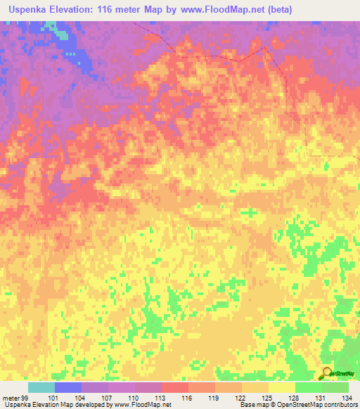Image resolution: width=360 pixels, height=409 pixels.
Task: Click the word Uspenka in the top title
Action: coord(32,10)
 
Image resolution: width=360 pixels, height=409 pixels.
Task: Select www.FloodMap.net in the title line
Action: coord(215,10)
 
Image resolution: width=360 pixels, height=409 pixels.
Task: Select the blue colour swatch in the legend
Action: coord(67,387)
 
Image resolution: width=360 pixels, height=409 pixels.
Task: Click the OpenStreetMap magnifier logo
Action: coord(327,374)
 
